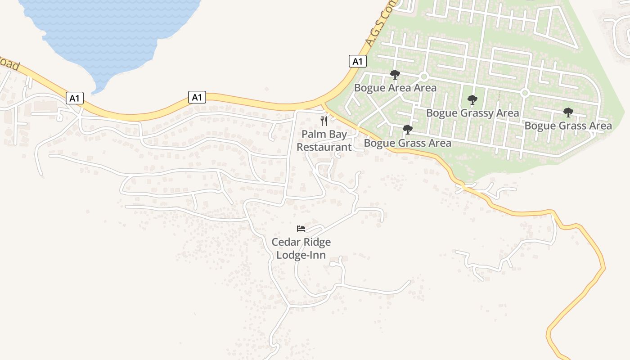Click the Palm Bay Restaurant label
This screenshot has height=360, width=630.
[324, 140]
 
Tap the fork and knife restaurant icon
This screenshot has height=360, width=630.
[324, 121]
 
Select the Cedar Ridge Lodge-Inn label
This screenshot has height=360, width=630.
[301, 248]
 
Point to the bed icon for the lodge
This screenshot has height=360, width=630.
[301, 229]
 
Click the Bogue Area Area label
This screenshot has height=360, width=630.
[395, 88]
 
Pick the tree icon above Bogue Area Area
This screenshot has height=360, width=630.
[395, 75]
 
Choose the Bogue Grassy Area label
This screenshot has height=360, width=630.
[472, 113]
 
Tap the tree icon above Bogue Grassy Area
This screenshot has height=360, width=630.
[472, 100]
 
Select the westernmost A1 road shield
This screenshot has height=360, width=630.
[75, 98]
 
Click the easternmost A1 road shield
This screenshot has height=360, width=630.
[357, 61]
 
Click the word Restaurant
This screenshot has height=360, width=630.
[324, 147]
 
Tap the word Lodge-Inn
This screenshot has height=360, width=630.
[301, 255]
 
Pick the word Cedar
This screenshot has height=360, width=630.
[286, 242]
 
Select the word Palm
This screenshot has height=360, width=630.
[311, 134]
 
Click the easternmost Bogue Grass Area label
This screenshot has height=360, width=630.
[568, 126]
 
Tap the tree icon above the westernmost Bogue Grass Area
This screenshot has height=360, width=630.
[408, 130]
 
